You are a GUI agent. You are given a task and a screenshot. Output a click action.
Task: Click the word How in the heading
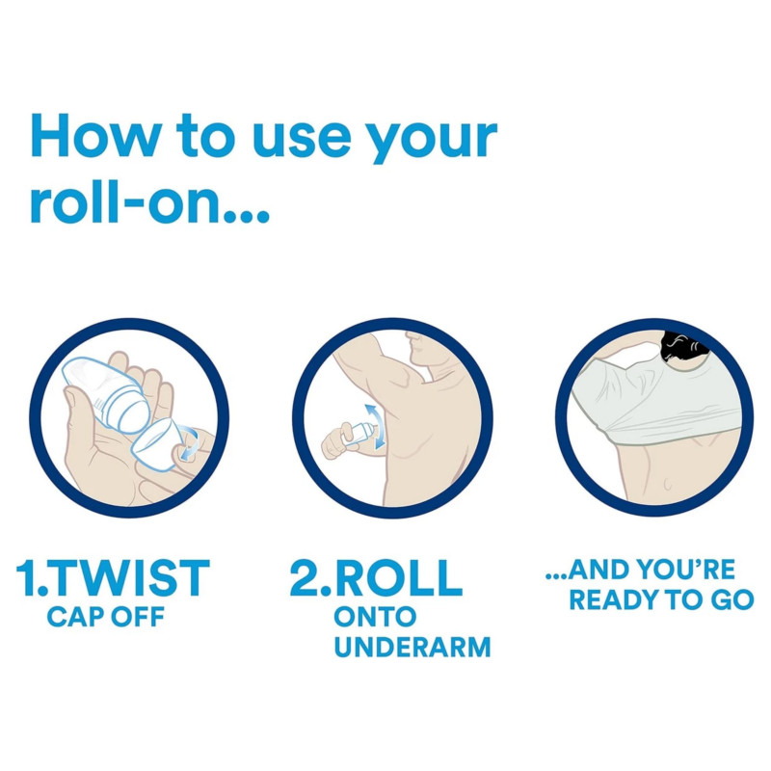95,136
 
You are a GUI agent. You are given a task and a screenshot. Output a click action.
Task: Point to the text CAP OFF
105,617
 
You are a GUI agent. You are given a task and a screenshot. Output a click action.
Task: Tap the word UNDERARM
412,647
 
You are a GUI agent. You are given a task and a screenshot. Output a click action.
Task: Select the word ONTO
375,617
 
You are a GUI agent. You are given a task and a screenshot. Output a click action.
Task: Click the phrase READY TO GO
661,599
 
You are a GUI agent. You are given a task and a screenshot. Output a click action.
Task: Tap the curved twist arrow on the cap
189,442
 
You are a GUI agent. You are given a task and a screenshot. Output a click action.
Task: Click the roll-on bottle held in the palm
106,395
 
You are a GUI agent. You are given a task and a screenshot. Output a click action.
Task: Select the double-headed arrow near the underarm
375,426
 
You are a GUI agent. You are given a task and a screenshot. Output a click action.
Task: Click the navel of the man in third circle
668,485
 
